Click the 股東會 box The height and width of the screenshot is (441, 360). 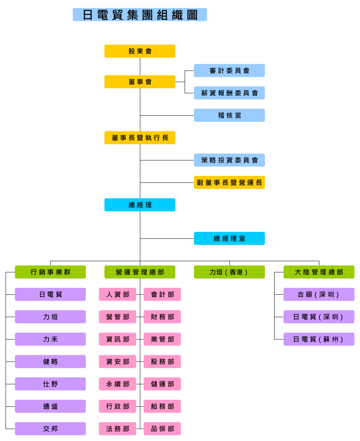coord(140,51)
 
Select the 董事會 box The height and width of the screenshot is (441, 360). coord(140,82)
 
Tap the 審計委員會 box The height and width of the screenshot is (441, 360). coord(229,71)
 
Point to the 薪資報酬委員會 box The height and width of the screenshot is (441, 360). coord(229,93)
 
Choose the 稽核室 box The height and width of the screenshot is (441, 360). coord(229,115)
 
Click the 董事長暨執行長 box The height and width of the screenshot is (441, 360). coord(140,138)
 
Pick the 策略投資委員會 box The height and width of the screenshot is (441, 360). coord(229,160)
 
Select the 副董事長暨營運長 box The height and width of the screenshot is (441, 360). coord(229,182)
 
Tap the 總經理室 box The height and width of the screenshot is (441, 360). coord(229,238)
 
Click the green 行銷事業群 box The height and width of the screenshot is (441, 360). coord(50,272)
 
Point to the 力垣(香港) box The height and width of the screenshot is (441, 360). coord(229,272)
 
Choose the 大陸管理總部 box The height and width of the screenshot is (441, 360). coord(319,272)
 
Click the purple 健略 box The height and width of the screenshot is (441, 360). coord(50,362)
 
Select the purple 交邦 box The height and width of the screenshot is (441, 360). coord(50,429)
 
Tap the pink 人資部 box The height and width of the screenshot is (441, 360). coord(118,294)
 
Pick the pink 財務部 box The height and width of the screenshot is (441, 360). coord(162,317)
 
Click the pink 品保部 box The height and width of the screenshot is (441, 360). coord(162,429)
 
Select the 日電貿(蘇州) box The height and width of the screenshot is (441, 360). coord(319,339)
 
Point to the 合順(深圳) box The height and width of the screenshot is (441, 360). coord(319,294)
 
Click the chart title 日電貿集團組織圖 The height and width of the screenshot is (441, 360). coord(140,15)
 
